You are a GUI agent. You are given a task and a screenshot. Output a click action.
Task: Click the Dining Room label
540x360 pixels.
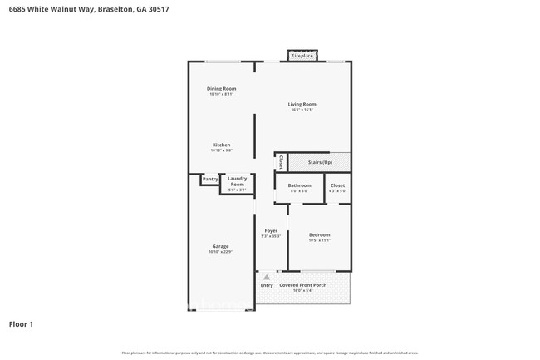click(x=222, y=89)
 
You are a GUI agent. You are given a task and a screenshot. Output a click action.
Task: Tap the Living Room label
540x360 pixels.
click(x=302, y=104)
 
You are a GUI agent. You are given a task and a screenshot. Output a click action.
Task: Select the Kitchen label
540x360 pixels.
click(x=221, y=145)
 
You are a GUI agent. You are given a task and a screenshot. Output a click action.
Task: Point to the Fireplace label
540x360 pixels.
click(x=302, y=56)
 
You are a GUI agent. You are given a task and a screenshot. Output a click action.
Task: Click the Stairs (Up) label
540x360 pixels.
click(x=320, y=162)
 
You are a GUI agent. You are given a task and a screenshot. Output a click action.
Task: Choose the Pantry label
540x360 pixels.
click(x=210, y=179)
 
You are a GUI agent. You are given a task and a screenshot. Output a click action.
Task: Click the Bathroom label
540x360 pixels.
click(x=299, y=185)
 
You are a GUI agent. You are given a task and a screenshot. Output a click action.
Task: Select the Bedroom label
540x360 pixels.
click(x=320, y=234)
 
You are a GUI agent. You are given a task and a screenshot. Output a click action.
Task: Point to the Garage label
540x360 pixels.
click(x=220, y=246)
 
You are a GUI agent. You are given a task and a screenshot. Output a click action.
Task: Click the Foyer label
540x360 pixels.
click(x=271, y=230)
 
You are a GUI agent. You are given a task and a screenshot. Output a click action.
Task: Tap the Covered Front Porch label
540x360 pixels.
click(x=302, y=285)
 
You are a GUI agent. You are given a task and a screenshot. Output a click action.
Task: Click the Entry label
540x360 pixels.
click(x=267, y=285)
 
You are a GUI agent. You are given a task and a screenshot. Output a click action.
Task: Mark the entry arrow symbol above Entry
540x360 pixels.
click(x=267, y=277)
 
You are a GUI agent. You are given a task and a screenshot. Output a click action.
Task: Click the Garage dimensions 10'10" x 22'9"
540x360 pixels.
click(x=220, y=252)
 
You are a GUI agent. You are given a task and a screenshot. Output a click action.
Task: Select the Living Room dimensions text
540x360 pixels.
click(x=302, y=110)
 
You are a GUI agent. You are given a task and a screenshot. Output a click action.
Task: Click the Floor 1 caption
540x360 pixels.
click(x=21, y=323)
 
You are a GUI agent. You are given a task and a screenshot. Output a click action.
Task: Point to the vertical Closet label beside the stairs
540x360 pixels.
click(x=281, y=162)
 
